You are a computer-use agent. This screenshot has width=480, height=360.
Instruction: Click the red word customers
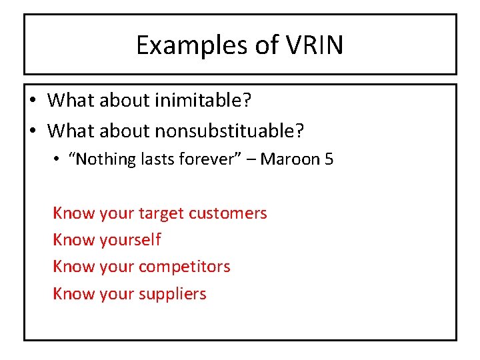[228, 213]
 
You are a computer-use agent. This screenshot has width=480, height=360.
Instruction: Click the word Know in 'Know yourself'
[73, 240]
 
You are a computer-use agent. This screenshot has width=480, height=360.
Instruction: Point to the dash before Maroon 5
[251, 160]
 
